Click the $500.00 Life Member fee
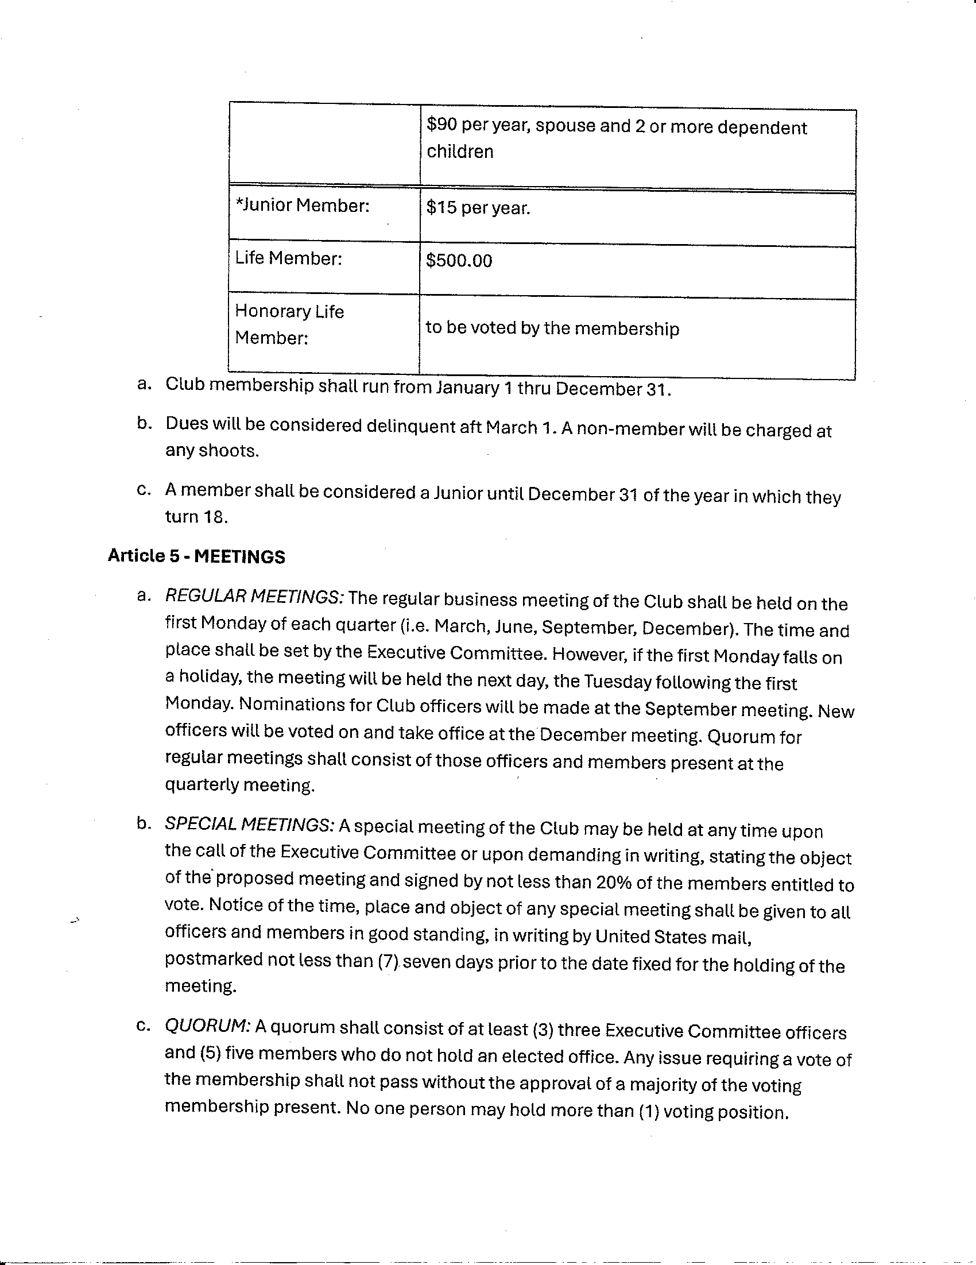pyautogui.click(x=459, y=261)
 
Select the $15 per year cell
pyautogui.click(x=478, y=208)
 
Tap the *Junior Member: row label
pyautogui.click(x=303, y=206)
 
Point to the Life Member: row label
pyautogui.click(x=288, y=258)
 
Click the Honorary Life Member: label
pyautogui.click(x=289, y=324)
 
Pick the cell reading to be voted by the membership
pyautogui.click(x=552, y=328)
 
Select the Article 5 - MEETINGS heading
pyautogui.click(x=196, y=556)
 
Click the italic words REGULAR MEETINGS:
pyautogui.click(x=255, y=597)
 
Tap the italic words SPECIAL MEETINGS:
pyautogui.click(x=250, y=825)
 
